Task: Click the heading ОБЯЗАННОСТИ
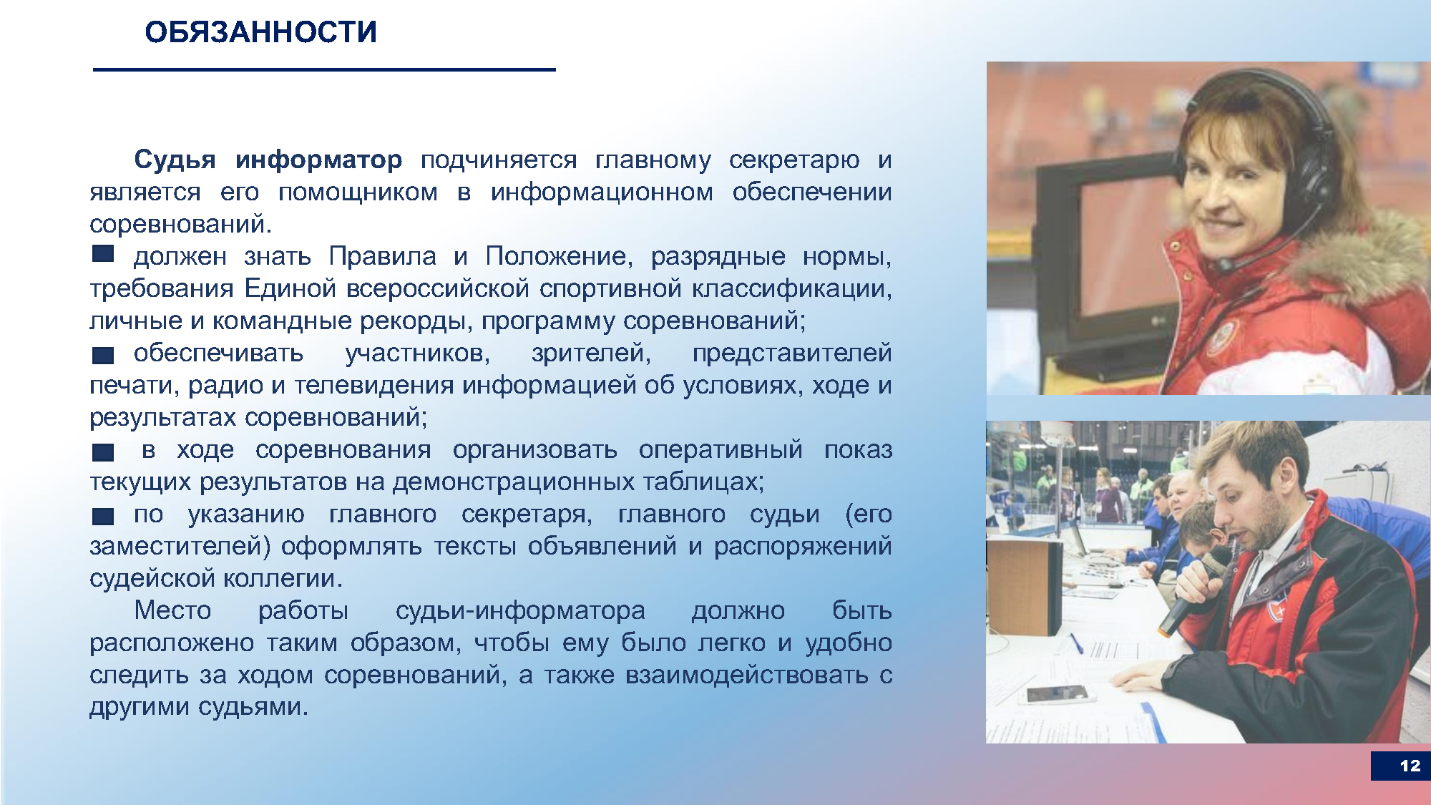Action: click(260, 32)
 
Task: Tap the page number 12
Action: click(1410, 766)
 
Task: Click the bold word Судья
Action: click(175, 160)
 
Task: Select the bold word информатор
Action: click(318, 160)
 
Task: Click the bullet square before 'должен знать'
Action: click(103, 253)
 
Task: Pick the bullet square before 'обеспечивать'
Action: click(103, 355)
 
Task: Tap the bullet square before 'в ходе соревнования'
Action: click(103, 452)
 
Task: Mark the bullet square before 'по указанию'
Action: click(103, 516)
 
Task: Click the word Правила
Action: click(383, 256)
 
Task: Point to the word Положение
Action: click(559, 256)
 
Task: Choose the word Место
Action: click(172, 610)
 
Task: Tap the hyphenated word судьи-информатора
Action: click(520, 611)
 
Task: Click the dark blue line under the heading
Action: click(324, 69)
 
